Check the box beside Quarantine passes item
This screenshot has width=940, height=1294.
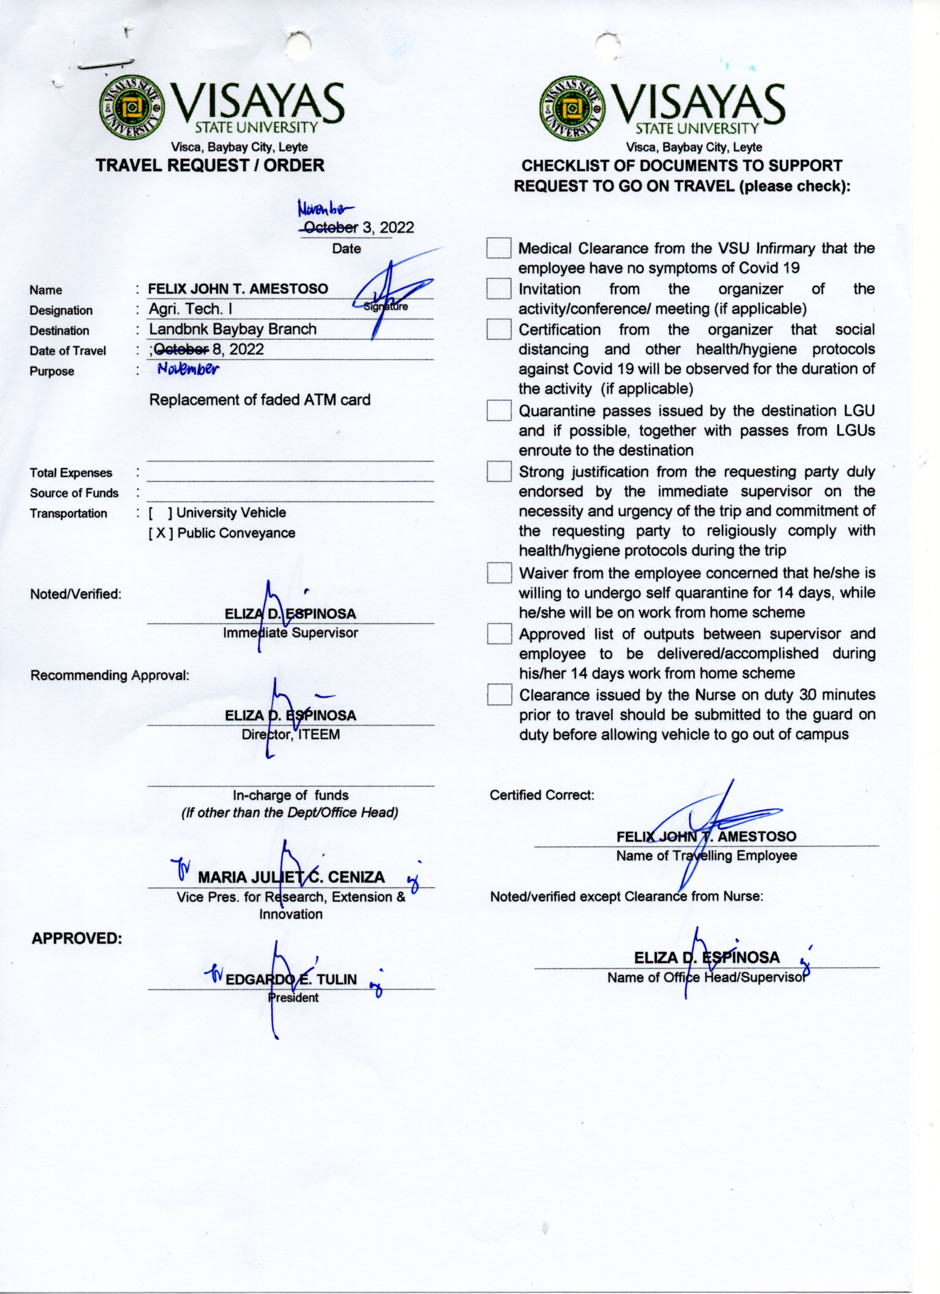point(499,410)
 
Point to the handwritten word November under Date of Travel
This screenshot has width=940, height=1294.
point(188,368)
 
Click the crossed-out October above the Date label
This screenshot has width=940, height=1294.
point(331,228)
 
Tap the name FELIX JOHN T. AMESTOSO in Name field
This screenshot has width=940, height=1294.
point(238,289)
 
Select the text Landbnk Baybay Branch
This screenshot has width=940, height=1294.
point(233,329)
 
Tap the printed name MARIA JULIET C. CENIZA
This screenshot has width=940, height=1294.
point(291,878)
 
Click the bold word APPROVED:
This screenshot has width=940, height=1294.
point(77,938)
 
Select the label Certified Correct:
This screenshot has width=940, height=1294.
point(542,795)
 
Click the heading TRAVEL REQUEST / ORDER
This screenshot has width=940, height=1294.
point(210,165)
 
